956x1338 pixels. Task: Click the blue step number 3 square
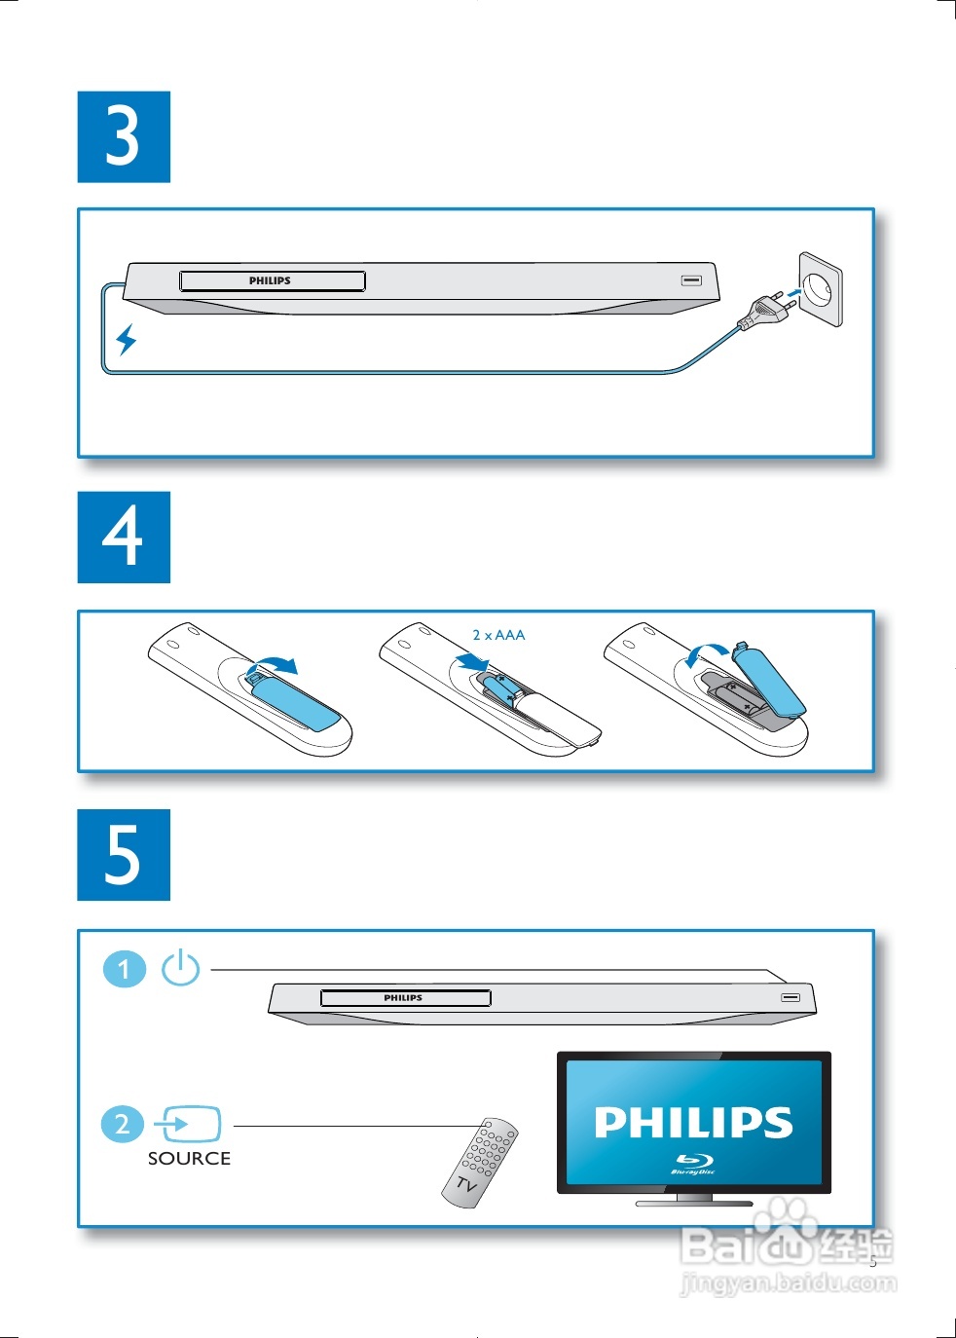124,136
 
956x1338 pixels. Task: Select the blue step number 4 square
124,537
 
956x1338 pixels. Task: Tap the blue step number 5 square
124,855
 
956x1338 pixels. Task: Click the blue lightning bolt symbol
126,340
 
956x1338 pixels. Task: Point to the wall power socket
821,289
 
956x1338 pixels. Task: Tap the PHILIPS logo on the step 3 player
270,280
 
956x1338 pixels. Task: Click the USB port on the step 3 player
691,280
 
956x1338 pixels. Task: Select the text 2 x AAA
498,635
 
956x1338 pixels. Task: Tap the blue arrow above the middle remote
472,661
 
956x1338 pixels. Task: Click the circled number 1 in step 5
125,968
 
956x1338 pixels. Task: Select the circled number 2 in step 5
123,1124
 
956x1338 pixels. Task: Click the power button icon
180,968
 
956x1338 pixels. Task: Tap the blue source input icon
188,1124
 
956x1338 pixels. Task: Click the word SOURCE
189,1159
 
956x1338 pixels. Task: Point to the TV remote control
480,1163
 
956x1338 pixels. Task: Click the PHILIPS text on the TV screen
693,1123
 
